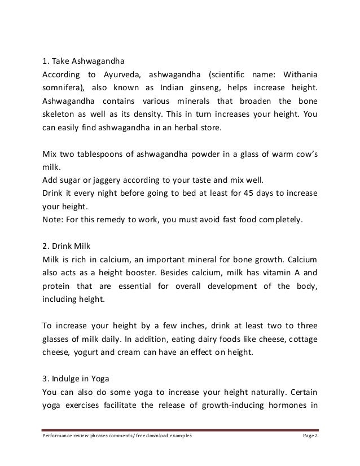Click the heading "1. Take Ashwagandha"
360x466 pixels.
click(x=82, y=61)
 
